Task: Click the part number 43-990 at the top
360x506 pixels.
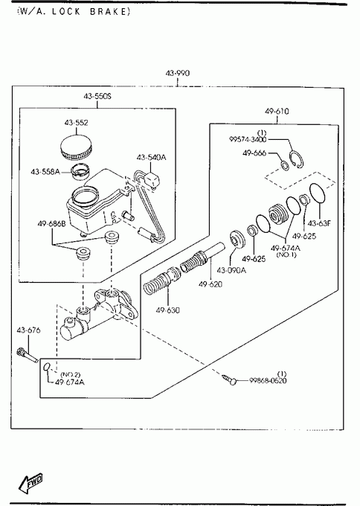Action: [x=178, y=73]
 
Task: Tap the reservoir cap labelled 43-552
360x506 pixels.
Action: [x=76, y=147]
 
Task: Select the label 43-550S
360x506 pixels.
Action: [x=97, y=96]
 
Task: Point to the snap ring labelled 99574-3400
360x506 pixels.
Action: [x=297, y=160]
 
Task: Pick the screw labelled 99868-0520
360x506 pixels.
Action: [x=229, y=379]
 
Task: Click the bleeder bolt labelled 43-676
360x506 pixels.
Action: [x=27, y=355]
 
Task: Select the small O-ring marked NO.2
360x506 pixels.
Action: [x=47, y=367]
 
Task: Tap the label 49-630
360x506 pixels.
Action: [x=168, y=310]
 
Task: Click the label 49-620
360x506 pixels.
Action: [x=210, y=284]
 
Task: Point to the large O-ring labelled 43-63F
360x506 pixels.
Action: [x=318, y=193]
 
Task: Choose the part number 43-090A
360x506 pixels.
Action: [x=231, y=270]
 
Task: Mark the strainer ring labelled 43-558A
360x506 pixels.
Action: [x=80, y=172]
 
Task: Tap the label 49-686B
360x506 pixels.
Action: [x=51, y=223]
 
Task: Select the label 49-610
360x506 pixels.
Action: [x=277, y=112]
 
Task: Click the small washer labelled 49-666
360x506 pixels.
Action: [x=285, y=165]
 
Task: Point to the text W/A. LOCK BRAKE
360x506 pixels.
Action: [x=74, y=12]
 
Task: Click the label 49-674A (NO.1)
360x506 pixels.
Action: [x=286, y=251]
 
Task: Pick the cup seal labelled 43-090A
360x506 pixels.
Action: [x=237, y=240]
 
